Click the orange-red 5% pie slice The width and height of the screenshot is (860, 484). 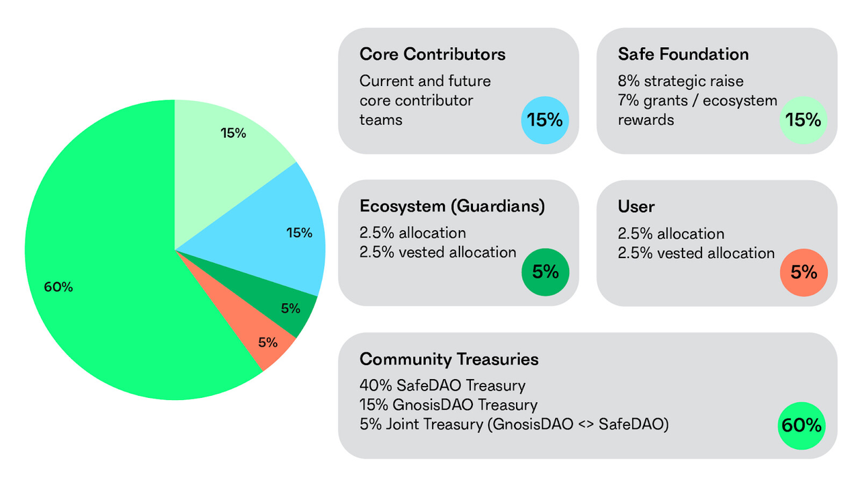(265, 341)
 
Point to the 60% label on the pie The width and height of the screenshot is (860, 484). (58, 287)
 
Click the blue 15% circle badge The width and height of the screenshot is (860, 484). (545, 120)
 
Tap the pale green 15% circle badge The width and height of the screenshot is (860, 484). (804, 120)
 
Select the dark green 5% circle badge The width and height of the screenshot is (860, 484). (545, 272)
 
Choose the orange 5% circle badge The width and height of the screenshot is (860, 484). (804, 272)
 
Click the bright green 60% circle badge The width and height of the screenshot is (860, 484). (801, 426)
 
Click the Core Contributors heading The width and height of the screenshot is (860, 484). (432, 54)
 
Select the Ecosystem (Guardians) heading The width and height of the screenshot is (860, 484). (451, 206)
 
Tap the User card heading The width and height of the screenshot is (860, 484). (636, 206)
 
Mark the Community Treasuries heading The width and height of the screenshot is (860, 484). (449, 359)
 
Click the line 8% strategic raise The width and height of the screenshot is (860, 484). (680, 81)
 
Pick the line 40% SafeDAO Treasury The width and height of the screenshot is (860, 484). (442, 386)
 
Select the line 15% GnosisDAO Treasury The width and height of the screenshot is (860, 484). (448, 405)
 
